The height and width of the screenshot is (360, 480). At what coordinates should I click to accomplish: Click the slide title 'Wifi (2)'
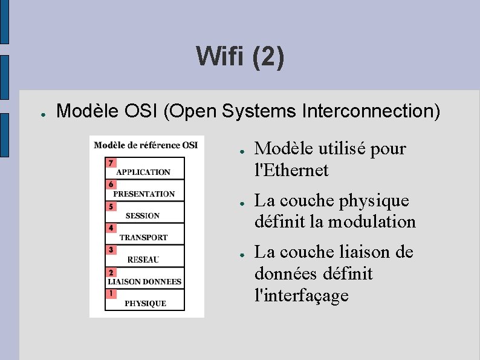tap(240, 57)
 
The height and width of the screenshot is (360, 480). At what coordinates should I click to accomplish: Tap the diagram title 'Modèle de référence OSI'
tap(146, 145)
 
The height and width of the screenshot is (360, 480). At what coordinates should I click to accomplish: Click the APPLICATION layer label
tap(143, 172)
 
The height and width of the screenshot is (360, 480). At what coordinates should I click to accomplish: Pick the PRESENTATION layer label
tap(144, 194)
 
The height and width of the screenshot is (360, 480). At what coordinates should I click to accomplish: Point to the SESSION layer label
tap(143, 215)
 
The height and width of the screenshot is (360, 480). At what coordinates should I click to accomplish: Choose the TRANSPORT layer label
tap(143, 237)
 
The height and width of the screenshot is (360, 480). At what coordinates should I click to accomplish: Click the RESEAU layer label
tap(143, 260)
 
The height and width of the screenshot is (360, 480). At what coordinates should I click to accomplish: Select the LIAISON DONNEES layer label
tap(144, 281)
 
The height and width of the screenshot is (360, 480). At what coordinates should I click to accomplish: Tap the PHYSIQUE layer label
tap(145, 303)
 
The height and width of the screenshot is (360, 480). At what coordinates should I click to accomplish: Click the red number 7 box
tap(110, 163)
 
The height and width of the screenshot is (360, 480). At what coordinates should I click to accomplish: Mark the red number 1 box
tap(110, 294)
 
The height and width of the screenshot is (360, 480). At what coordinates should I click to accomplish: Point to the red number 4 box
tap(110, 228)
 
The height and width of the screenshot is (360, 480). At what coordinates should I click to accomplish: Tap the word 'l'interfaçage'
tap(302, 295)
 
